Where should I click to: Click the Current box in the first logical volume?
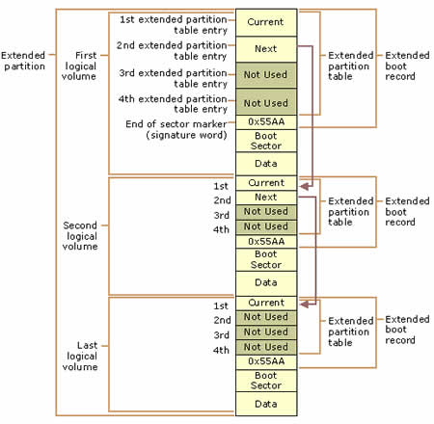click(x=266, y=22)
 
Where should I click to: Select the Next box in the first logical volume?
click(x=266, y=49)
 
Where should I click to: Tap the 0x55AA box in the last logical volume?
click(x=266, y=361)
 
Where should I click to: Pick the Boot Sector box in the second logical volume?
click(x=266, y=259)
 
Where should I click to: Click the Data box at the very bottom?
click(x=266, y=404)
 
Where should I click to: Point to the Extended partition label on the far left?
click(x=23, y=61)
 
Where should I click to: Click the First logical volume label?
click(x=79, y=66)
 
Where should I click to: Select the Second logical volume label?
click(x=80, y=236)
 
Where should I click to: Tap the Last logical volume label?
click(x=80, y=356)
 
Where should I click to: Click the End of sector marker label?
click(x=176, y=129)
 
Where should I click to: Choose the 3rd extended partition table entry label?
click(x=174, y=78)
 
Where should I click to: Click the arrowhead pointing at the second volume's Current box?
click(x=304, y=186)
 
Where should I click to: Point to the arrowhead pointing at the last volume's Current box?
click(x=304, y=304)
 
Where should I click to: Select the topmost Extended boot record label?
click(x=407, y=66)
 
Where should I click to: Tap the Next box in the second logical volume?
click(x=266, y=198)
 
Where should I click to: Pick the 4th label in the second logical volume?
click(x=221, y=229)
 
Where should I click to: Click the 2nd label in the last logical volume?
click(x=222, y=320)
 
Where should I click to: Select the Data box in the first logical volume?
click(x=266, y=164)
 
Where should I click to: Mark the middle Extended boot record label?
click(x=407, y=211)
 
